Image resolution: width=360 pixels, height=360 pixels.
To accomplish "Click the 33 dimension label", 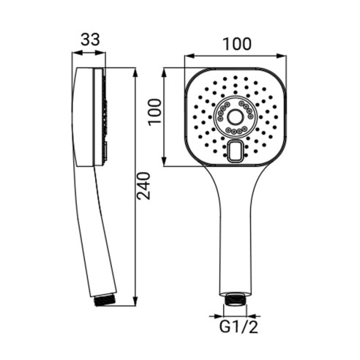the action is (90, 40).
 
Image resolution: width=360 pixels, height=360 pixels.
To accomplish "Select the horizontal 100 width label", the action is (237, 44).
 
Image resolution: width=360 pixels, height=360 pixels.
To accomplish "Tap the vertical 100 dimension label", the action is (155, 112).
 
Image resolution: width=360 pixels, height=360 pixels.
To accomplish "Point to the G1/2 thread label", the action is (239, 327).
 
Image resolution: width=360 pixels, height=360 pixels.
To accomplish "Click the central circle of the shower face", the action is (236, 117).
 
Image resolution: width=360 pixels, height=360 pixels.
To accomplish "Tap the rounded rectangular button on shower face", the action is (236, 151).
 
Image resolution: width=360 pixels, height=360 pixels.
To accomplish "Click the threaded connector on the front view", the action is (235, 299).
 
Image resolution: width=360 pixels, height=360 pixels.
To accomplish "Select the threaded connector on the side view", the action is (105, 301).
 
